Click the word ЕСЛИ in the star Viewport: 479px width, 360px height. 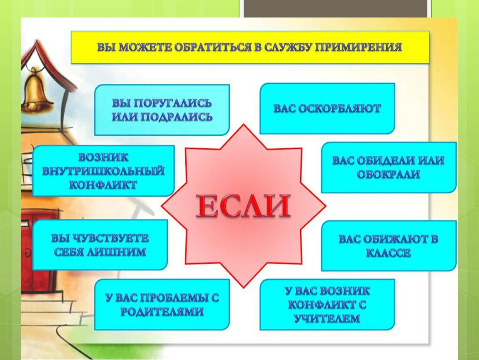click(x=243, y=206)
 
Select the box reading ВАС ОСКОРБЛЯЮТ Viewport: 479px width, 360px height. click(x=327, y=108)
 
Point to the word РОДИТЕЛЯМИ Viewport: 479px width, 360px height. click(x=162, y=312)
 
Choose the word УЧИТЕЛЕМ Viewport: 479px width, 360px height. click(x=327, y=319)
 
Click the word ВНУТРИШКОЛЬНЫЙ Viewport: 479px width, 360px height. click(x=103, y=171)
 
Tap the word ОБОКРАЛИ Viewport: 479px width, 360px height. click(x=388, y=175)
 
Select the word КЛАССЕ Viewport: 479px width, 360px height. click(x=388, y=253)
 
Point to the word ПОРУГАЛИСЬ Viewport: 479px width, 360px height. click(x=173, y=103)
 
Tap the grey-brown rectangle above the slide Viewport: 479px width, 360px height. click(x=335, y=9)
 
